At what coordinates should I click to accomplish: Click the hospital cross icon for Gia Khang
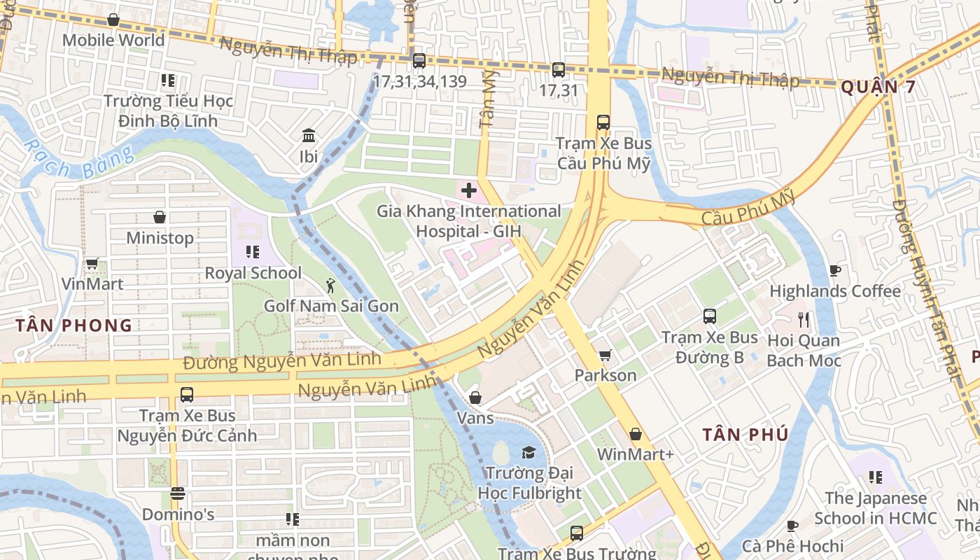[468, 190]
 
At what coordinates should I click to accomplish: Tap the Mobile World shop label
[113, 40]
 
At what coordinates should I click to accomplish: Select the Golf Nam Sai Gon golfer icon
[330, 285]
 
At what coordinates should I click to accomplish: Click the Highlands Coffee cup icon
[834, 270]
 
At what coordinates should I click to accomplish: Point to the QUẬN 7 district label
[878, 87]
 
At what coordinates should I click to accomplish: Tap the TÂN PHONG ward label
[74, 325]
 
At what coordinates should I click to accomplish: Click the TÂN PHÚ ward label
[745, 434]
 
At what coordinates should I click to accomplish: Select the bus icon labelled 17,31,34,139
[419, 61]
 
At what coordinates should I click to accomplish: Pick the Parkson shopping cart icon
[605, 355]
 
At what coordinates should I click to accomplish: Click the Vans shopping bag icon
[475, 398]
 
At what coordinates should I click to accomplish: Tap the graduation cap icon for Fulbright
[528, 453]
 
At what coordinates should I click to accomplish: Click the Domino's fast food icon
[178, 493]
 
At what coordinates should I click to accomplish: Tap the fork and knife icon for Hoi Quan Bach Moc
[804, 320]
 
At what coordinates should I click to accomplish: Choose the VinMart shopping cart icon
[92, 264]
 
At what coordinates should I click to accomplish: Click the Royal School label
[253, 273]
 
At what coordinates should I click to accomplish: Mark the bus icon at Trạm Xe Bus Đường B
[710, 316]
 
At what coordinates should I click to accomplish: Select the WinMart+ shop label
[635, 454]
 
